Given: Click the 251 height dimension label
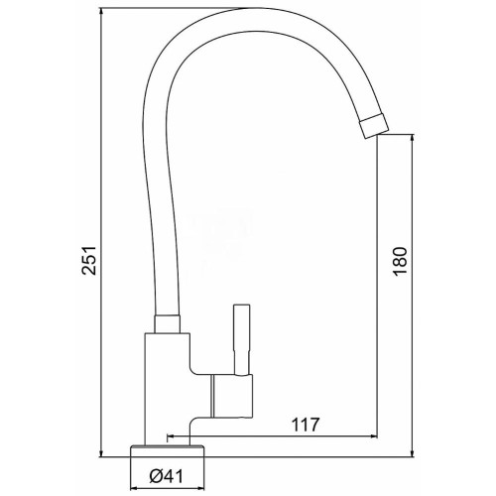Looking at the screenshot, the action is click(89, 260).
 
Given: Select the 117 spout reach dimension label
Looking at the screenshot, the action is click(306, 425).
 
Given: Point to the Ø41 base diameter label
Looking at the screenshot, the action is click(166, 476).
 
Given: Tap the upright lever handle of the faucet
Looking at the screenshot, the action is click(241, 339).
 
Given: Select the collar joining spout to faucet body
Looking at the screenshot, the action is click(168, 324).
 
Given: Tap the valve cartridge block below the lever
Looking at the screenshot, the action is click(232, 396).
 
